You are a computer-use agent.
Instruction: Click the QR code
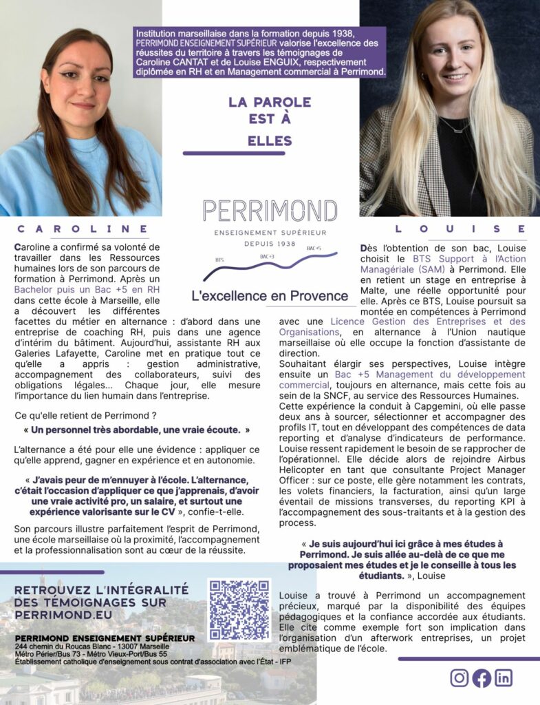(240, 610)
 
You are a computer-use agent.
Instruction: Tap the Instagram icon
(460, 677)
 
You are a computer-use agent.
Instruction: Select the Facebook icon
(482, 677)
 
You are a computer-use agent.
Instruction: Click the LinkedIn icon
(504, 677)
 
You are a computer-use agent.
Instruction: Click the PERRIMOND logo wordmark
(270, 211)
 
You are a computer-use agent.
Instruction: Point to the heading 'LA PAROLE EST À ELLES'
(270, 121)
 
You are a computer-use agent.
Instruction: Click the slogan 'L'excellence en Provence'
(270, 296)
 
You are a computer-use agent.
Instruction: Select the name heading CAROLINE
(82, 229)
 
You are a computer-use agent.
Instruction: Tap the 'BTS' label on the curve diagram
(219, 260)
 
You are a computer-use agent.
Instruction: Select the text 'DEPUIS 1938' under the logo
(270, 243)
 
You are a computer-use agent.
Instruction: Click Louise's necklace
(453, 125)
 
